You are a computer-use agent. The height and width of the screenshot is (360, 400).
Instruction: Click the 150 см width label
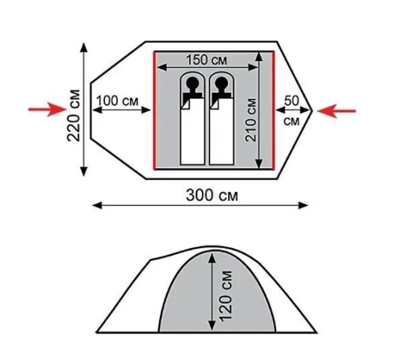[206, 61]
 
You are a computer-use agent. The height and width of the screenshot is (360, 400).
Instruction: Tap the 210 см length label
[251, 120]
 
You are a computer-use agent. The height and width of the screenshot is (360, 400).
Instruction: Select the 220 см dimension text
[74, 115]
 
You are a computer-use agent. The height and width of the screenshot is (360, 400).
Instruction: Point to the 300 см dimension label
[212, 196]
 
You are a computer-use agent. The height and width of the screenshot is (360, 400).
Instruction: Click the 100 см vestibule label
[117, 101]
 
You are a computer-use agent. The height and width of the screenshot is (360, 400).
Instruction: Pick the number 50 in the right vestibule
[291, 100]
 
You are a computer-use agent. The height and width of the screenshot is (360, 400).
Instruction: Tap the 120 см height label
[225, 295]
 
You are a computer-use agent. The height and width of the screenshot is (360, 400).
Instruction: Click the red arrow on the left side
[47, 109]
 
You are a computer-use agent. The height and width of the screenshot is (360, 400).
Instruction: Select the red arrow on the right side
[336, 111]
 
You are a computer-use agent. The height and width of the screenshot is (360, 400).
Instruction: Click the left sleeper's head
[193, 82]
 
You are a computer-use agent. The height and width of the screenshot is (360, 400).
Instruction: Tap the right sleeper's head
[221, 82]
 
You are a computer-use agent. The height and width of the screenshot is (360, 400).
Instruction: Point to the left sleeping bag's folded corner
[185, 104]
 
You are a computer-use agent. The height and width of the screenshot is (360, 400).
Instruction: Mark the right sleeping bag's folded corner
[214, 104]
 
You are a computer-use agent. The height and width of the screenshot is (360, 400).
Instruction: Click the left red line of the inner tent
[155, 110]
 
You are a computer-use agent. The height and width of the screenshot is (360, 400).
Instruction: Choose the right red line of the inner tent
[273, 110]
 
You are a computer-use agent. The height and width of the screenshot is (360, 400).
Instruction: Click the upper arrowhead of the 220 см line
[84, 48]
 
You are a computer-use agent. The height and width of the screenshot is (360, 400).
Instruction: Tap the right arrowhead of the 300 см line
[303, 205]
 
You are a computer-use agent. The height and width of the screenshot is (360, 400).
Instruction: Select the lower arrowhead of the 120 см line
[212, 325]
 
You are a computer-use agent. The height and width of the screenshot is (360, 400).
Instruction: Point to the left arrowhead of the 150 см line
[161, 67]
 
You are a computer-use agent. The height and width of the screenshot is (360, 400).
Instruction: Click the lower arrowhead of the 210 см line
[259, 163]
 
